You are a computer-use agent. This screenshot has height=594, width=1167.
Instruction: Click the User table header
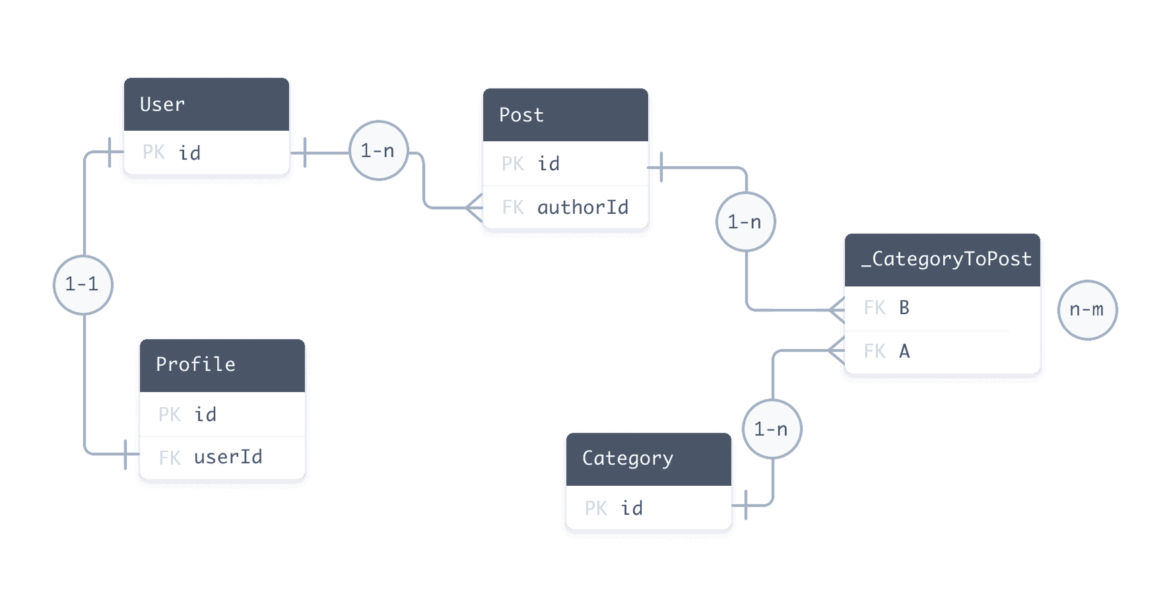tap(207, 104)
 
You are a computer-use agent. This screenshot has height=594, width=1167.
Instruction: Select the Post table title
tap(521, 115)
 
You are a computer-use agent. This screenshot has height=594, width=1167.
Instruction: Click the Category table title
tap(628, 458)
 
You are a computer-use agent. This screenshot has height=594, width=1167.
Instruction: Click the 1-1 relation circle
tap(83, 284)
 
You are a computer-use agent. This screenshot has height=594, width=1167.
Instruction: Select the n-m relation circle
tap(1087, 310)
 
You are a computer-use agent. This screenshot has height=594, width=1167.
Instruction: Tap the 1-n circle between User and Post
tap(378, 150)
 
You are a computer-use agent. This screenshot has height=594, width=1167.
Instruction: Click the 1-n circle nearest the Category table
tap(772, 429)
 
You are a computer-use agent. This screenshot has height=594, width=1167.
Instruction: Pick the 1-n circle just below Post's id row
tap(745, 222)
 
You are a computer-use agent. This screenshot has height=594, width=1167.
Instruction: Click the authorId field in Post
tap(583, 207)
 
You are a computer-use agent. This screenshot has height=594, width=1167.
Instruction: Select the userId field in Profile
tap(228, 457)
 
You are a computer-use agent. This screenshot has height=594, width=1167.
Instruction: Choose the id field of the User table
tap(190, 153)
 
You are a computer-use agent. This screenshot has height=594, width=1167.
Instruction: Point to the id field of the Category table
tap(632, 508)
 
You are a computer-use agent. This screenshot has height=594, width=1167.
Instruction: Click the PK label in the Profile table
tap(169, 414)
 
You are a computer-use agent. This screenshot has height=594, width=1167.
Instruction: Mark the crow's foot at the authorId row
tap(474, 207)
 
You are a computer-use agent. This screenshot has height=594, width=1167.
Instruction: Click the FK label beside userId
tap(170, 457)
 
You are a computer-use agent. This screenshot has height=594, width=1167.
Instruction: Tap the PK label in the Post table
tap(512, 164)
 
